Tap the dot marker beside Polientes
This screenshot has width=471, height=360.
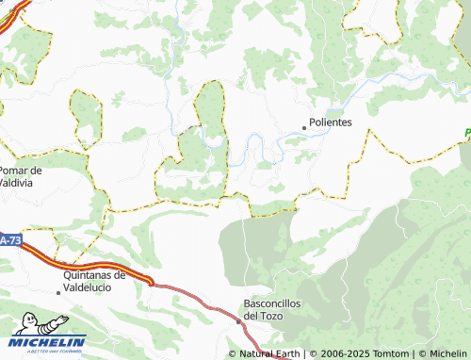coord(304,126)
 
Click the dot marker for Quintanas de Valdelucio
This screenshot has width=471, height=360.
coord(58,292)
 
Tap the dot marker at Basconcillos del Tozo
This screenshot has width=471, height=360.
coord(238,320)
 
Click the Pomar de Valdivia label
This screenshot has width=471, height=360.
coord(22,176)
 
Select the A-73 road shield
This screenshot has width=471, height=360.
coord(10,241)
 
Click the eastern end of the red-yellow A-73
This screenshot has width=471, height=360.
coord(148,280)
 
